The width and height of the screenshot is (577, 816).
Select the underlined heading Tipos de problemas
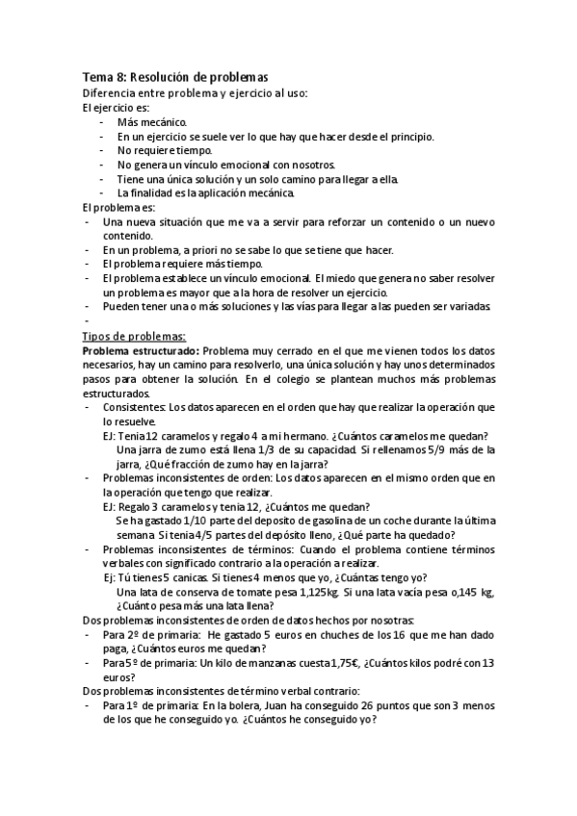[x=141, y=336]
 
